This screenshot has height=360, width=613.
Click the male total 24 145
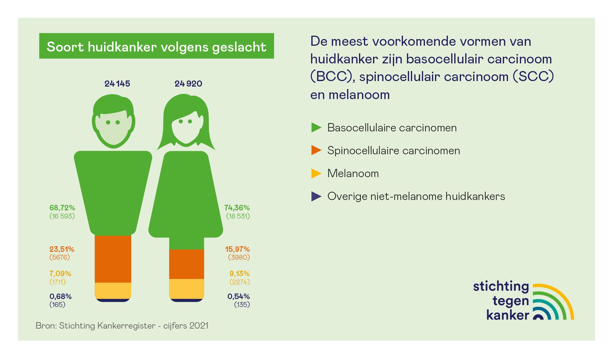[x=117, y=84]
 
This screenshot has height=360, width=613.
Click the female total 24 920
[x=188, y=84]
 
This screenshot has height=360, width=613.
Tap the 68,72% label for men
[x=62, y=208]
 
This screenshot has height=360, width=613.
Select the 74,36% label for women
[x=237, y=208]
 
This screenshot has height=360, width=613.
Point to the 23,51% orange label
[x=62, y=249]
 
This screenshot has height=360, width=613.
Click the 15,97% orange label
[x=237, y=249]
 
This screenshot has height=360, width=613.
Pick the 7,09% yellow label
[x=60, y=274]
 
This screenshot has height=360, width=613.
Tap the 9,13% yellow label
[x=239, y=274]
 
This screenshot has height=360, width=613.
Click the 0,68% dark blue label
[x=60, y=296]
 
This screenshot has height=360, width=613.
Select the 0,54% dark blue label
[x=238, y=296]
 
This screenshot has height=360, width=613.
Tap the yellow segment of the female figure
[x=186, y=288]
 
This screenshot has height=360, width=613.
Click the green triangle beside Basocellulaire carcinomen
[x=316, y=128]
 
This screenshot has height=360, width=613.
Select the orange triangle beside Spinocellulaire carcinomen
[x=316, y=150]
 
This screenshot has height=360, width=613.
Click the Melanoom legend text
[x=353, y=173]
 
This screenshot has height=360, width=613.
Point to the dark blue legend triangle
[x=316, y=196]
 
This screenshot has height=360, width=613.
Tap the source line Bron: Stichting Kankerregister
[x=122, y=326]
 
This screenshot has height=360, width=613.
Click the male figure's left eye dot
[x=108, y=122]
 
